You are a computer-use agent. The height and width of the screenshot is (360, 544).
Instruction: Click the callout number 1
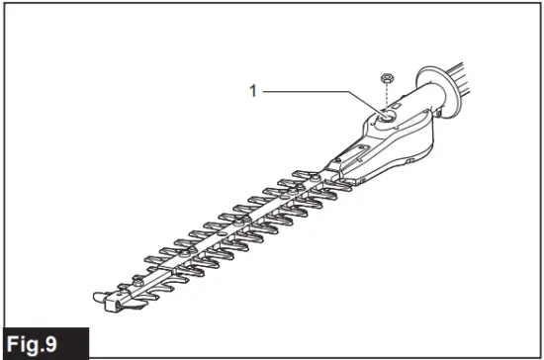[x=253, y=91]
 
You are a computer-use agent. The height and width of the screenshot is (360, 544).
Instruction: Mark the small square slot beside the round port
[x=398, y=102]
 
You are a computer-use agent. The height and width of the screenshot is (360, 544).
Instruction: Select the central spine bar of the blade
[x=218, y=230]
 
